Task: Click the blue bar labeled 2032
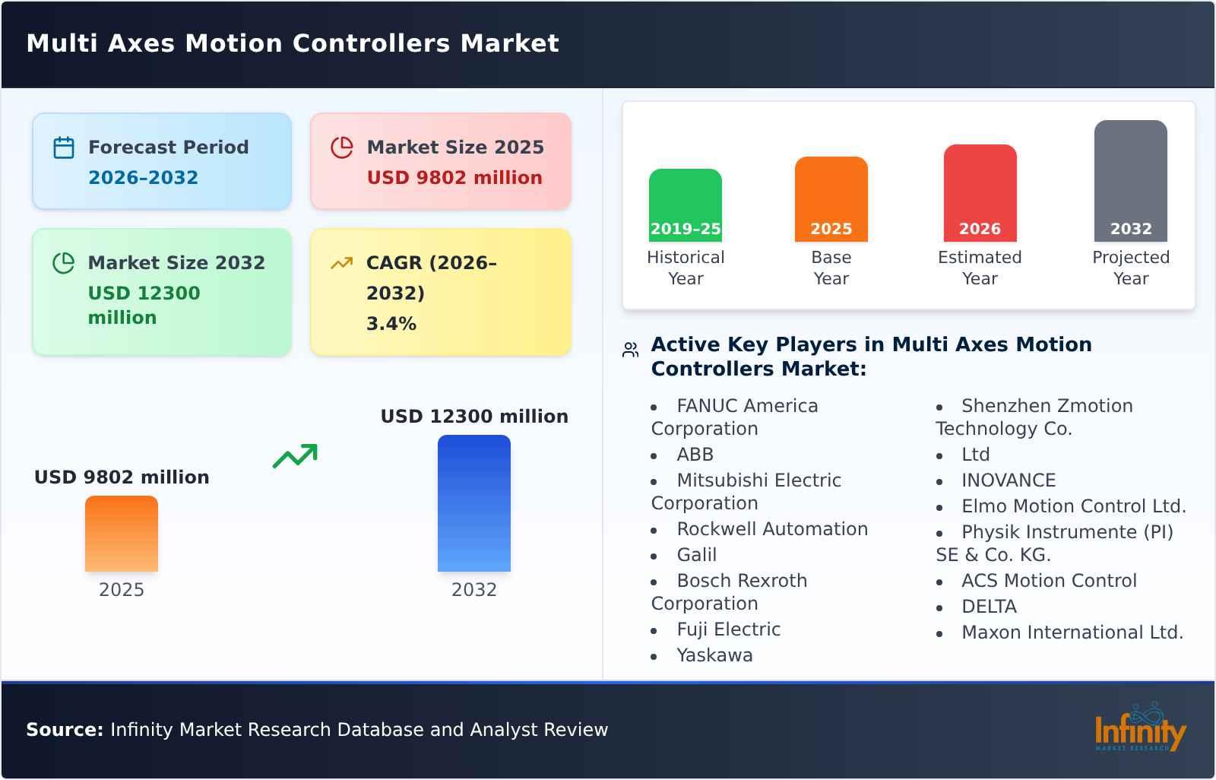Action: [473, 503]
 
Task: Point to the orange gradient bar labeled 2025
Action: [122, 533]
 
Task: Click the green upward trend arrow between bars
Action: [295, 456]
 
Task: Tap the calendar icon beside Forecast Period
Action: [64, 147]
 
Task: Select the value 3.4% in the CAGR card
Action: [391, 324]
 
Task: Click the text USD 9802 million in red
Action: [454, 178]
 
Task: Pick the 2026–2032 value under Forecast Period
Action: [143, 178]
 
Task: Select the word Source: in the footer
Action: [65, 730]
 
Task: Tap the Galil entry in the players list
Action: [696, 555]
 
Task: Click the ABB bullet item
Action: [695, 455]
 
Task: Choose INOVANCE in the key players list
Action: [1009, 480]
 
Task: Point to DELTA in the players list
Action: [989, 607]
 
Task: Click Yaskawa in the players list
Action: [714, 655]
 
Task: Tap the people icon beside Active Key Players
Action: [630, 350]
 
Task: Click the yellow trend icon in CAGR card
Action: [341, 263]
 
